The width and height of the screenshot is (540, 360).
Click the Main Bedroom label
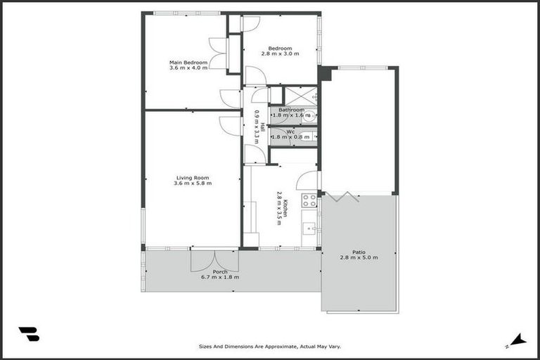pyautogui.click(x=188, y=63)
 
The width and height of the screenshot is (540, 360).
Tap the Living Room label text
pyautogui.click(x=193, y=177)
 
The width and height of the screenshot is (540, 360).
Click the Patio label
pyautogui.click(x=359, y=252)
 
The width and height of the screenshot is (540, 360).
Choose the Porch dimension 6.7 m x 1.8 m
pyautogui.click(x=220, y=277)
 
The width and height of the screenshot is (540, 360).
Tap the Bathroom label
pyautogui.click(x=291, y=110)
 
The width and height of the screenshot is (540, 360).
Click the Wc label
pyautogui.click(x=290, y=131)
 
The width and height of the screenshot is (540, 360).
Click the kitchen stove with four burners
pyautogui.click(x=309, y=200)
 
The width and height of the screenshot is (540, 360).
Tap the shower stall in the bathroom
pyautogui.click(x=301, y=96)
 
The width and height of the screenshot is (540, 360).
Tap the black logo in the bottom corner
pyautogui.click(x=29, y=334)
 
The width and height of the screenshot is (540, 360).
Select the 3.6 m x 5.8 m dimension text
pyautogui.click(x=193, y=184)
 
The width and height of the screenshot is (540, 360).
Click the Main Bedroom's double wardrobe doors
pyautogui.click(x=218, y=53)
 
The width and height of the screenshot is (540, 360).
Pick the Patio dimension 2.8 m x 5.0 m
pyautogui.click(x=359, y=258)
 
